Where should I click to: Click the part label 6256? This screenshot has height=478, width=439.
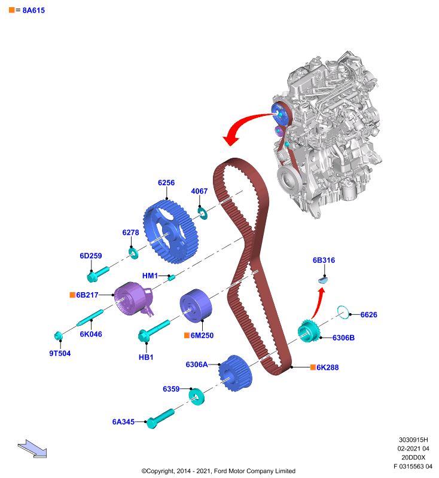166,183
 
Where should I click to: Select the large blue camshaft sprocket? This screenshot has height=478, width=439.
171,232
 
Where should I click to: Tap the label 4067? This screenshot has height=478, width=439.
199,191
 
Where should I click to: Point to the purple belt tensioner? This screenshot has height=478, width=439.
133,299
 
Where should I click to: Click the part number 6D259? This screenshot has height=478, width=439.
91,256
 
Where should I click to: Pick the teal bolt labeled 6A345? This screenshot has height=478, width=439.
160,419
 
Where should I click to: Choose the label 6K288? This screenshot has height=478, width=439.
327,367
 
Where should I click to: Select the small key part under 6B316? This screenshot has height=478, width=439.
323,279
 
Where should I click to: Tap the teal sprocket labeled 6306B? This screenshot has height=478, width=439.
309,331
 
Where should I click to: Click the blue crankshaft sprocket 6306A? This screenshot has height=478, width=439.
236,373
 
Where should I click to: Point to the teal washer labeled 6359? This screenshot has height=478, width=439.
196,397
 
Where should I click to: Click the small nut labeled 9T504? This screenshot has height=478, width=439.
58,336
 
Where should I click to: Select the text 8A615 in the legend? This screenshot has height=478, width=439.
33,10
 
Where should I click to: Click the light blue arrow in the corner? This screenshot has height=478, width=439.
32,449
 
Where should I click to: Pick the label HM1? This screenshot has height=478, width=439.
150,276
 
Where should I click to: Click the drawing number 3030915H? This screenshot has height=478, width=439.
413,440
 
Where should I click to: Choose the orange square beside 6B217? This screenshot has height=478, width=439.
72,295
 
